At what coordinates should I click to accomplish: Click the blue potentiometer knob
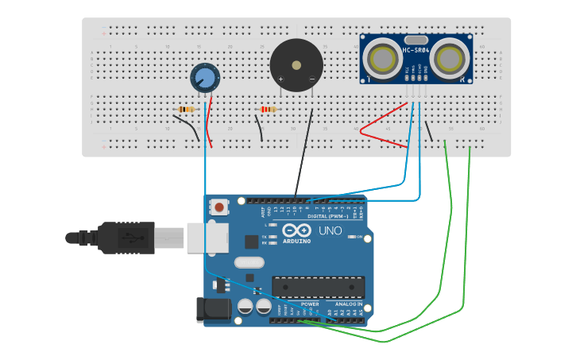pyautogui.click(x=205, y=78)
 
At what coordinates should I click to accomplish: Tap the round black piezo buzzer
pyautogui.click(x=296, y=65)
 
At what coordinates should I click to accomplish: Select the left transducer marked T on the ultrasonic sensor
pyautogui.click(x=382, y=59)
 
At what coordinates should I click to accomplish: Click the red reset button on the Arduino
pyautogui.click(x=218, y=207)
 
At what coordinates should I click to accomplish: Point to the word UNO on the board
pyautogui.click(x=330, y=231)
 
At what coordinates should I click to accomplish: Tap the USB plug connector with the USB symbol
pyautogui.click(x=127, y=238)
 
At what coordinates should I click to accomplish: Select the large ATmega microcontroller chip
pyautogui.click(x=318, y=287)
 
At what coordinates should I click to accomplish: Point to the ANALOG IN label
pyautogui.click(x=347, y=304)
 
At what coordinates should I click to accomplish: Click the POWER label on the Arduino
pyautogui.click(x=310, y=304)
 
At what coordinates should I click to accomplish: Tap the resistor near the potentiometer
pyautogui.click(x=187, y=109)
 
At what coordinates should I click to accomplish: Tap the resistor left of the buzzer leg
pyautogui.click(x=268, y=109)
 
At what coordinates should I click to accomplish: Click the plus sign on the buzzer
pyautogui.click(x=280, y=79)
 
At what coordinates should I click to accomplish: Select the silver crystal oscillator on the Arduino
pyautogui.click(x=249, y=262)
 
